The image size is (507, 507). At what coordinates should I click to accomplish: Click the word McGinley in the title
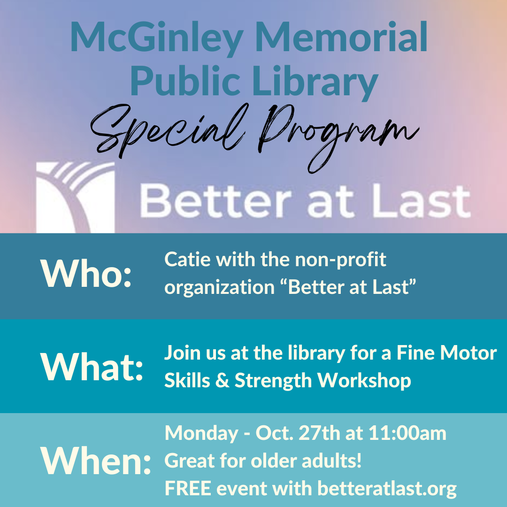pos(156,38)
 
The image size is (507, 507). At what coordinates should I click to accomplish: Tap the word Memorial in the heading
pos(341,36)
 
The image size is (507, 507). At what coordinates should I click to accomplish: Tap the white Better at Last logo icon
pos(75,197)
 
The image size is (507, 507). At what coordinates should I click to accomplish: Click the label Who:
pos(86,273)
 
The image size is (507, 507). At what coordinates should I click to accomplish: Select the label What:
pos(92,367)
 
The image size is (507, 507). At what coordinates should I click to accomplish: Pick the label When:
pos(95,460)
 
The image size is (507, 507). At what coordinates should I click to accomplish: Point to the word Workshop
pos(364,380)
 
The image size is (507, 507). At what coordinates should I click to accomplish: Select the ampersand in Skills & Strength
pos(222,381)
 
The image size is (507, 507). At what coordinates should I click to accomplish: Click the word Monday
pos(201,434)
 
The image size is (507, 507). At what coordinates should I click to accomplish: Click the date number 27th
pos(319,433)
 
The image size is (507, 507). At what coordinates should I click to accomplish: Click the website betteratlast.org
pos(387,489)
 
